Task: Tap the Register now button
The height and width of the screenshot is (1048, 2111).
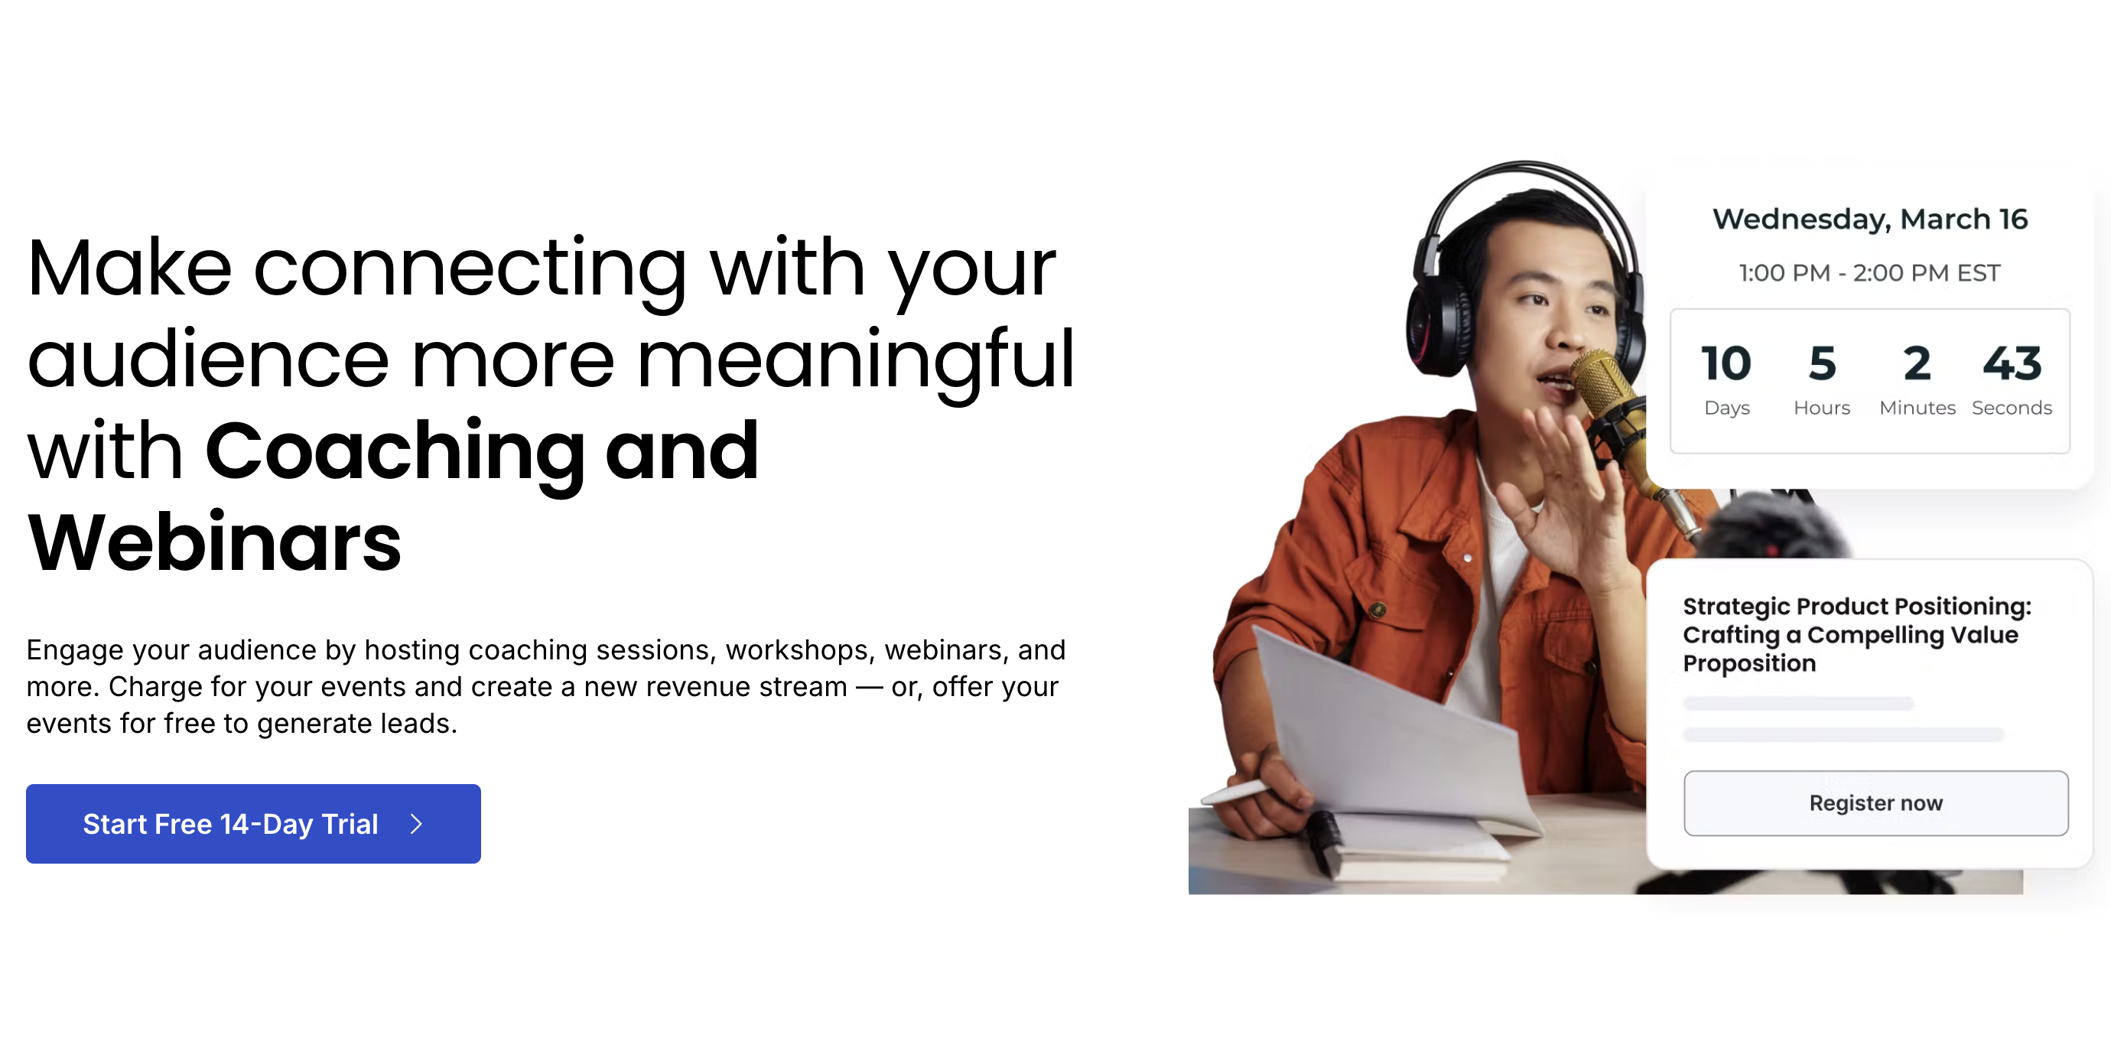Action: (1875, 802)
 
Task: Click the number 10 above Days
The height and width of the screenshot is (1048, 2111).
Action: (1726, 363)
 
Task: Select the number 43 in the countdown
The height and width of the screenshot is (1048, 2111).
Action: (2012, 363)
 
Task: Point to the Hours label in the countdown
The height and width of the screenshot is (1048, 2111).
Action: (1822, 407)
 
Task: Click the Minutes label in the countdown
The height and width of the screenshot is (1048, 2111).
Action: (1917, 407)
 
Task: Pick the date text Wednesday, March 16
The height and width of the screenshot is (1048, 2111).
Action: (1869, 219)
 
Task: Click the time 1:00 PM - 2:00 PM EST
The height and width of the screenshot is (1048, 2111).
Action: (1869, 273)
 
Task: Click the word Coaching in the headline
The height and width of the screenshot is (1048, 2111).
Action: (395, 451)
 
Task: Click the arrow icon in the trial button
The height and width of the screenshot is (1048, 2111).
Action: (416, 824)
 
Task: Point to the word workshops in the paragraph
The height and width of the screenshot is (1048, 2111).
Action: (796, 650)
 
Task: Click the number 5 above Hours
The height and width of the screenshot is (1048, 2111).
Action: (1822, 363)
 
